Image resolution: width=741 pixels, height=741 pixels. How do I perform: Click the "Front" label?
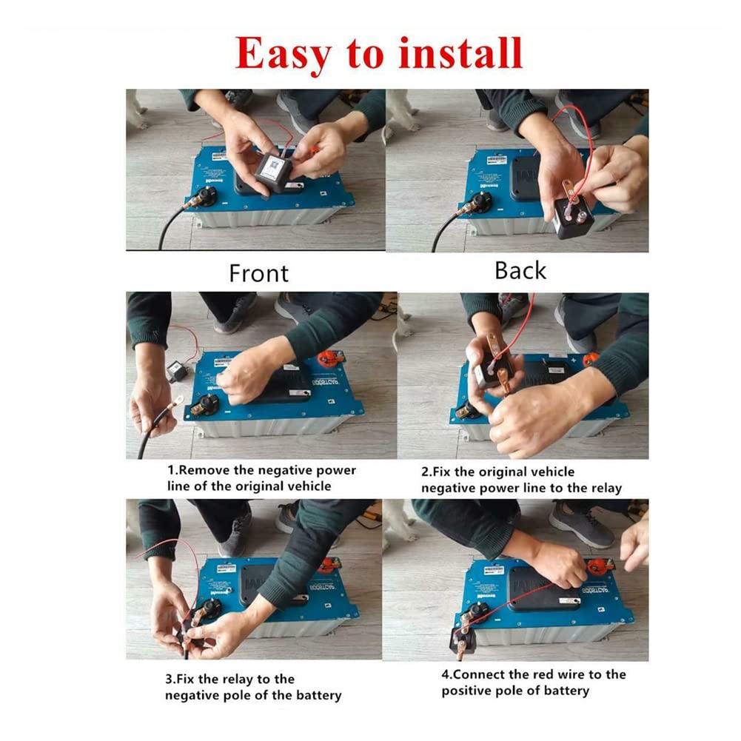click(258, 273)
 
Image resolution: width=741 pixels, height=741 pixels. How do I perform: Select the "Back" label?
click(520, 271)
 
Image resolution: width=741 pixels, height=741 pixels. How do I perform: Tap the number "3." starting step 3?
click(170, 680)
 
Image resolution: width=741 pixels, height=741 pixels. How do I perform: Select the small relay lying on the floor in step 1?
click(177, 370)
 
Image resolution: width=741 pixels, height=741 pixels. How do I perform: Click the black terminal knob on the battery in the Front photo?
click(207, 196)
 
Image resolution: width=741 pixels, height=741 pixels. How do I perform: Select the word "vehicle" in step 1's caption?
click(310, 486)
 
